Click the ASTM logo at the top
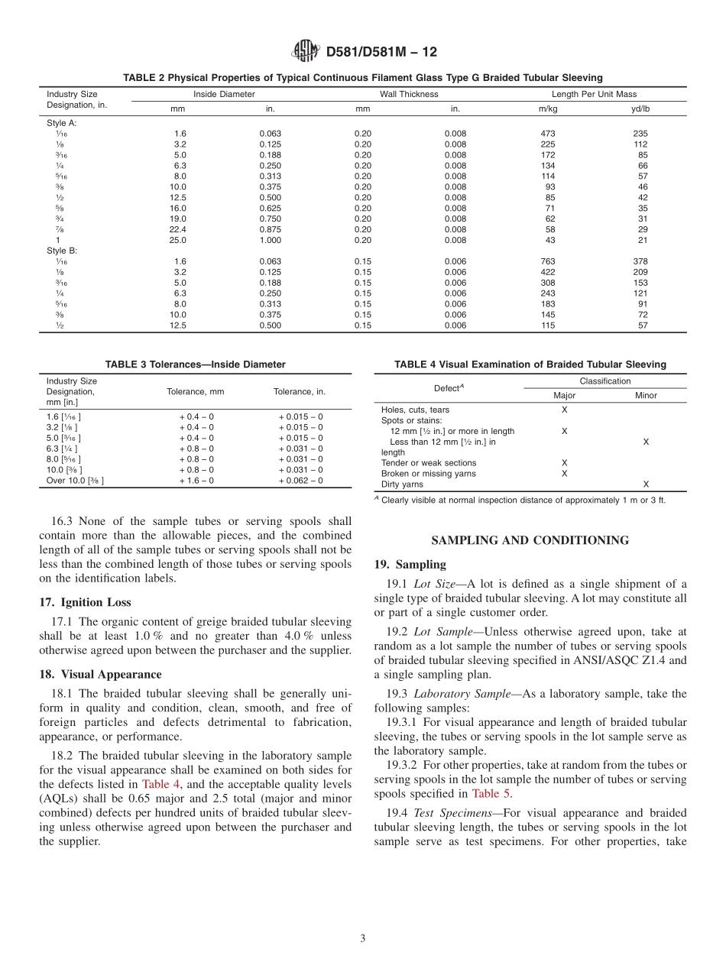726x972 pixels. coord(306,52)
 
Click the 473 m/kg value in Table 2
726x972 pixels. coord(547,133)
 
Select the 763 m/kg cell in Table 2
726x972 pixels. coord(547,261)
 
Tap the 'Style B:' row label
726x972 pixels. coord(62,251)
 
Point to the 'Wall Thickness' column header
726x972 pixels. coord(409,94)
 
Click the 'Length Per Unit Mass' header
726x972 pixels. coord(594,94)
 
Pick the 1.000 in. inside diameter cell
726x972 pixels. coord(270,240)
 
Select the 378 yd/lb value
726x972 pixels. coord(643,261)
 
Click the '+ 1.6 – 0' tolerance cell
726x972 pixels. coord(196,481)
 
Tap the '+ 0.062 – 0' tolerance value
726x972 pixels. coord(300,481)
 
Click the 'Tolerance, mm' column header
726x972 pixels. coord(196,391)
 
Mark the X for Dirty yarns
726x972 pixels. coord(646,484)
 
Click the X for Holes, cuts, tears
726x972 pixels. coord(565,410)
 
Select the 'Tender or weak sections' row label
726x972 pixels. coord(428,463)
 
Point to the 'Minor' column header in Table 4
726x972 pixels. coord(646,395)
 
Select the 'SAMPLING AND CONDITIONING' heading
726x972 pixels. coord(530,540)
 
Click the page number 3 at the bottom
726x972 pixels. coord(363,938)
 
